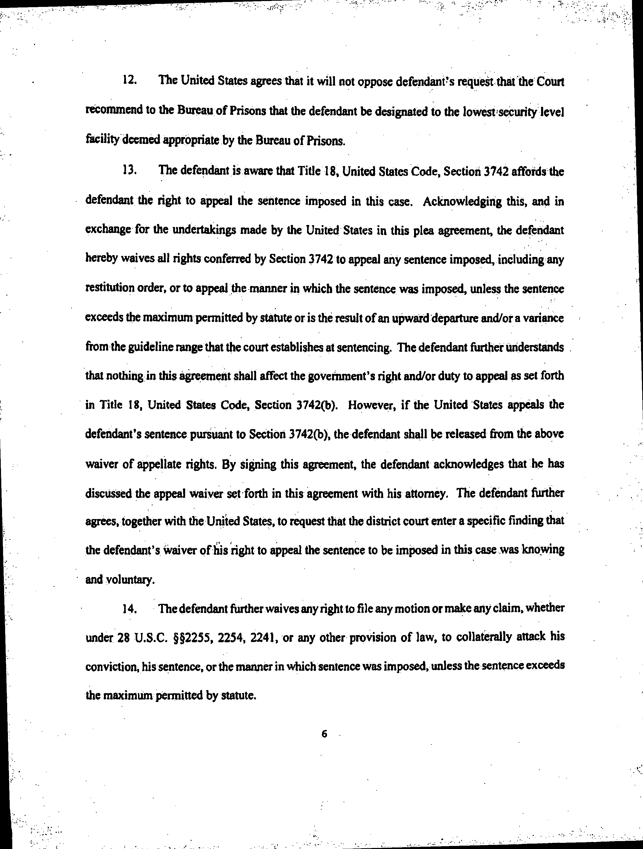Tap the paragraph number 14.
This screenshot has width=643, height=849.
pos(130,609)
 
